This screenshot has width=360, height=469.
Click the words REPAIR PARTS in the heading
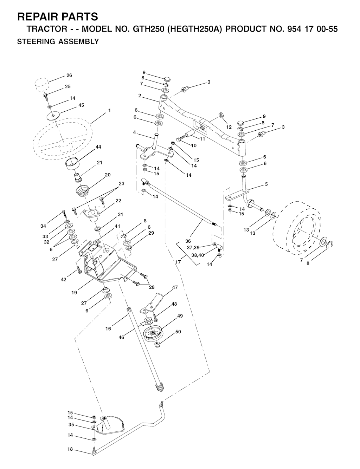pyautogui.click(x=57, y=17)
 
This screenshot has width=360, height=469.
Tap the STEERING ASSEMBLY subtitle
pyautogui.click(x=58, y=41)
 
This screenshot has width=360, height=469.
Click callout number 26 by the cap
pyautogui.click(x=69, y=75)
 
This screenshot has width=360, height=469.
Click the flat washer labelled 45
pyautogui.click(x=53, y=116)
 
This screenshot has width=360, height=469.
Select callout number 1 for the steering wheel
pyautogui.click(x=109, y=111)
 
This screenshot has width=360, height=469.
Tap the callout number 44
pyautogui.click(x=98, y=147)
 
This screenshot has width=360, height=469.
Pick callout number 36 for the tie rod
pyautogui.click(x=188, y=241)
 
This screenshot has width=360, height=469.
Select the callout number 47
pyautogui.click(x=175, y=287)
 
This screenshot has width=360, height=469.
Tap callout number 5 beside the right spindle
pyautogui.click(x=266, y=184)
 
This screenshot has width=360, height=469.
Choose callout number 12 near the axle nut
pyautogui.click(x=229, y=127)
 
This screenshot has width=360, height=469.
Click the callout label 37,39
pyautogui.click(x=193, y=248)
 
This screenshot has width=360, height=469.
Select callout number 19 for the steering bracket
pyautogui.click(x=74, y=293)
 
